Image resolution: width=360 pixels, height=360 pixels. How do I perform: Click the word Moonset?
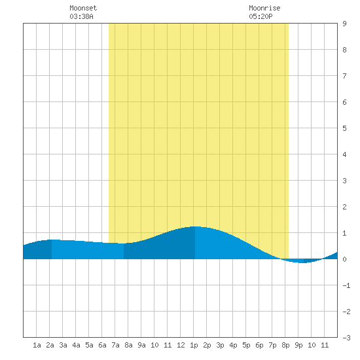pos(83,8)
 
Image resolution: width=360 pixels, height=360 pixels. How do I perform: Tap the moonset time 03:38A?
pos(81,16)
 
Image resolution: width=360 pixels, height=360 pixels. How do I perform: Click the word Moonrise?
pos(264,8)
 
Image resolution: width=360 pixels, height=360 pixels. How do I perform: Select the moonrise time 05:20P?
pos(261,16)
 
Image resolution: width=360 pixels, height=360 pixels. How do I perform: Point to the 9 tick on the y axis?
pos(344,24)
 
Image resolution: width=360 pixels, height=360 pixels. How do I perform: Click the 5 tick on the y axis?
pos(344,128)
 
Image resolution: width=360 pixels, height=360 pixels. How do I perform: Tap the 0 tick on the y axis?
pos(344,259)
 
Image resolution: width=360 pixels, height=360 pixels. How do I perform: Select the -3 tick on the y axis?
pos(346,338)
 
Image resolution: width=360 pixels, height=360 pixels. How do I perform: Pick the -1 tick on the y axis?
pos(346,285)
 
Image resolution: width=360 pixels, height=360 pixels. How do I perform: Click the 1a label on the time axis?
pos(37,345)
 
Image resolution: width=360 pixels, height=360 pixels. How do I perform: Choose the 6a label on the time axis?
pos(102,345)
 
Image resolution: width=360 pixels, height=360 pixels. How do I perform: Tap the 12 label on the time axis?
pos(181,345)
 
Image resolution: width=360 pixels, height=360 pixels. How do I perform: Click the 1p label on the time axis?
pos(194,345)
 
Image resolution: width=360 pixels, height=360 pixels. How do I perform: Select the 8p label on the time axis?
pos(285,345)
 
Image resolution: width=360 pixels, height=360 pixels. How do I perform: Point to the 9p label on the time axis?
pos(298,345)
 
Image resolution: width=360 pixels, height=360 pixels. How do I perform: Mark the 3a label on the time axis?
pos(63,345)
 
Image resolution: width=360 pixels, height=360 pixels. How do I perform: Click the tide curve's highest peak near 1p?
pos(196,226)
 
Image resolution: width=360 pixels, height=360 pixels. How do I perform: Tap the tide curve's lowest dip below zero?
pos(302,262)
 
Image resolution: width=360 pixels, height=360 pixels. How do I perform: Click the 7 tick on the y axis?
pos(344,76)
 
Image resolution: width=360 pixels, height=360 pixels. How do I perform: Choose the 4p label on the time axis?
pos(233,345)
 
